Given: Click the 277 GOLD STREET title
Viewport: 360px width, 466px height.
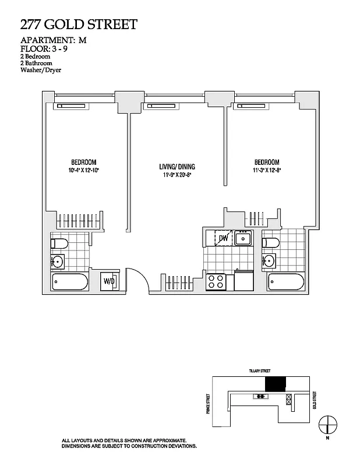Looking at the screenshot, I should (79, 24).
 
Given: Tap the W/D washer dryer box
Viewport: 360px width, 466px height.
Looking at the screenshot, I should (109, 281).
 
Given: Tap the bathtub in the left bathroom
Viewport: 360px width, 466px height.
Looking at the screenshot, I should (70, 283).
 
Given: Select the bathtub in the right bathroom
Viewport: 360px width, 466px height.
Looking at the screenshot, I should (285, 283).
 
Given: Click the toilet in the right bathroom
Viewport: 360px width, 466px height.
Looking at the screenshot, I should (270, 242).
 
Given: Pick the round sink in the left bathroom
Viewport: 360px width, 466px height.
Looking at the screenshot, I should (59, 261).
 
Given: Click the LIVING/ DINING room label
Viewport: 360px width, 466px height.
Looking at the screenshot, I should (177, 167).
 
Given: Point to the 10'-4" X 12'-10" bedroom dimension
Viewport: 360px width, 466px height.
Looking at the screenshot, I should (83, 170).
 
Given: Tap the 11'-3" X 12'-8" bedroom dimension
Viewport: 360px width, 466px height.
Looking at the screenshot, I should (266, 170).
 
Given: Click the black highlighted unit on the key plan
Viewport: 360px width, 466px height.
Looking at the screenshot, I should (276, 384).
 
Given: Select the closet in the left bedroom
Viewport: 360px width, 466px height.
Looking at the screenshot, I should (82, 220).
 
